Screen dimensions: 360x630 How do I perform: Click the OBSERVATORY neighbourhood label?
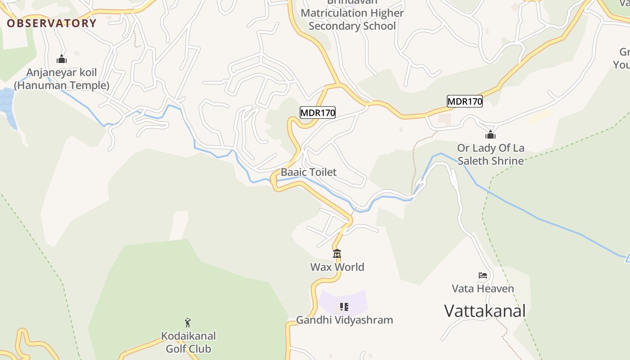point(51,23)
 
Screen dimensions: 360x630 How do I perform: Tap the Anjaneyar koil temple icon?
point(62,59)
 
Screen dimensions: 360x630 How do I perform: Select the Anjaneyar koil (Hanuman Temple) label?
point(62,79)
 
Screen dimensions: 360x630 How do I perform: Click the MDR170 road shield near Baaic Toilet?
point(318,112)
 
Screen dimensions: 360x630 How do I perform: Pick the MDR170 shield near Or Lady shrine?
point(464,101)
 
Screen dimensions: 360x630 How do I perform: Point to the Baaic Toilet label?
point(309,172)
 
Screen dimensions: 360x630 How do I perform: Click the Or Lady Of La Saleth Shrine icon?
point(490,135)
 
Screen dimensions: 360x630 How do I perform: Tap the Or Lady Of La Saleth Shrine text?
point(490,154)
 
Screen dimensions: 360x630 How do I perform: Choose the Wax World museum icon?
point(337,254)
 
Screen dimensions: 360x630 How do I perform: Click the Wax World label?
point(337,267)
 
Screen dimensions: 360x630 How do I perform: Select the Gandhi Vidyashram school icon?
point(344,307)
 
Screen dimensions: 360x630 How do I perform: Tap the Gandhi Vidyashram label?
point(344,320)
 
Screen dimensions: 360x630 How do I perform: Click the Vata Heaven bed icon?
point(483,275)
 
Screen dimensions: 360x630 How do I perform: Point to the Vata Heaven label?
point(483,288)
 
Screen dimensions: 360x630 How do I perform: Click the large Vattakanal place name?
point(485,311)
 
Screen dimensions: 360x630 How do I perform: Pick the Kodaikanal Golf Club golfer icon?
point(188,323)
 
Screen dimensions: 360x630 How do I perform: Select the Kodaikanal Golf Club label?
point(188,342)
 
